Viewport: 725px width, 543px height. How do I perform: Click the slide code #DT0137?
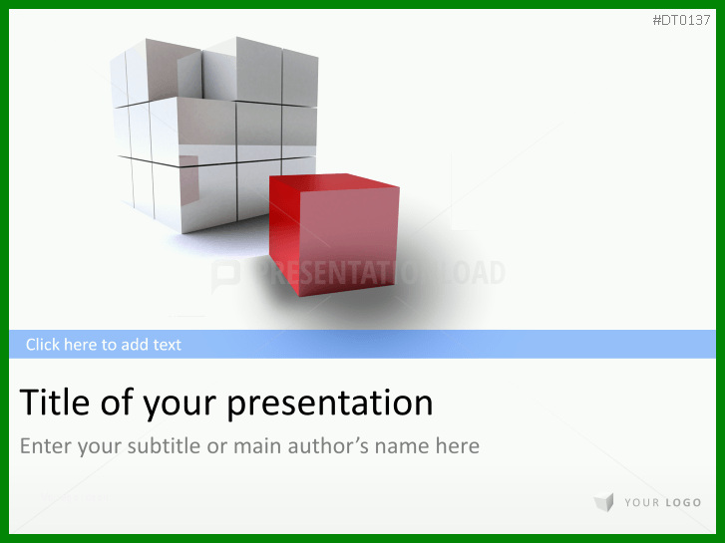[x=681, y=20]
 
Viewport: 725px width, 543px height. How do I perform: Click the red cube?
[x=334, y=234]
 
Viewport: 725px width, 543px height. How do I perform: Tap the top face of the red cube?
[x=334, y=182]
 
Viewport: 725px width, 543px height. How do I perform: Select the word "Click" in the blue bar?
[x=43, y=345]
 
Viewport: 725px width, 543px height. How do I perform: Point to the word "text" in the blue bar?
[x=168, y=345]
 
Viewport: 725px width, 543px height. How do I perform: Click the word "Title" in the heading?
[x=55, y=403]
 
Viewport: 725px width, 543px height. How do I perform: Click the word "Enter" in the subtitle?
[x=46, y=446]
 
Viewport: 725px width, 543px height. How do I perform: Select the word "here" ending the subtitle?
[x=458, y=446]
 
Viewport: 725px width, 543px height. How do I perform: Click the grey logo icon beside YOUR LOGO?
[x=604, y=502]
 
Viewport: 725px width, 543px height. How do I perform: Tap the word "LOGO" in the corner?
[x=683, y=503]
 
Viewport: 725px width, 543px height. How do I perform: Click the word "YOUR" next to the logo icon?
[x=642, y=503]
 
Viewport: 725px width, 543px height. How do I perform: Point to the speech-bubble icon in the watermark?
[x=226, y=275]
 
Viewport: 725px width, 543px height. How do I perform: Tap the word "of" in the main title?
[x=116, y=403]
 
